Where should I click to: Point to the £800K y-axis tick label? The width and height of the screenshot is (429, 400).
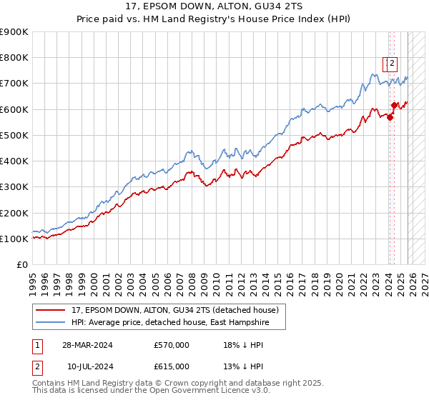point(14,58)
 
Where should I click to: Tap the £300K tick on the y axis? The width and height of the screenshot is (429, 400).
point(14,187)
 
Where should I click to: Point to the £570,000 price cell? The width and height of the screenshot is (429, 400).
point(172,345)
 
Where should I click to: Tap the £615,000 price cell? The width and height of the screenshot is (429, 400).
point(172,366)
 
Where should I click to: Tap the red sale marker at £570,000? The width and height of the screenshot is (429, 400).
point(390,118)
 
